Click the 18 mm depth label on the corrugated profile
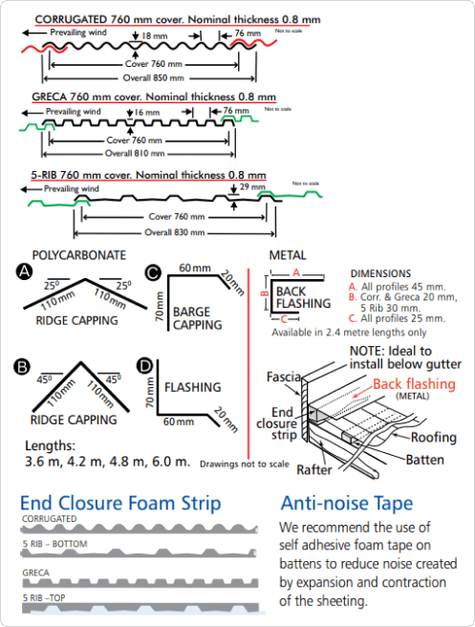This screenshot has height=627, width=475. [x=154, y=36]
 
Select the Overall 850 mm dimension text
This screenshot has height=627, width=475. [x=154, y=78]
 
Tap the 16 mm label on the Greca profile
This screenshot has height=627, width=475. [x=147, y=113]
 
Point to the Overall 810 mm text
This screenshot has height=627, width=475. [x=135, y=154]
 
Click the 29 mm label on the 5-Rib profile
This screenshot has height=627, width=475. [x=252, y=186]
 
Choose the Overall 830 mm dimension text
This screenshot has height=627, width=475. [x=174, y=232]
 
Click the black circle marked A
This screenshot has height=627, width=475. [x=25, y=271]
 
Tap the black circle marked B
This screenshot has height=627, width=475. [x=22, y=367]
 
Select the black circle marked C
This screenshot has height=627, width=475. [x=153, y=273]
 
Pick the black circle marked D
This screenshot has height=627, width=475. [x=144, y=365]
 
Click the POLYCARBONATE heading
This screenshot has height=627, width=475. [x=79, y=255]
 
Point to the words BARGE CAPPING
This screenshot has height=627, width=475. [x=198, y=318]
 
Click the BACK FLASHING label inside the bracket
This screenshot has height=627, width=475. [x=303, y=297]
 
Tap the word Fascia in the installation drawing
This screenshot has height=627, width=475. [x=284, y=377]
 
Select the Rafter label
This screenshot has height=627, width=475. [x=314, y=469]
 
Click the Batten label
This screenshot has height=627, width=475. [x=425, y=460]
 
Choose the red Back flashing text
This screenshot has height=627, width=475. [x=414, y=384]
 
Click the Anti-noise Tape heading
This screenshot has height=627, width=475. [x=347, y=504]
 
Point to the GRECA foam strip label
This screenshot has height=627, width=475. [x=36, y=573]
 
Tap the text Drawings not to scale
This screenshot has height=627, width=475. [x=245, y=465]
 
